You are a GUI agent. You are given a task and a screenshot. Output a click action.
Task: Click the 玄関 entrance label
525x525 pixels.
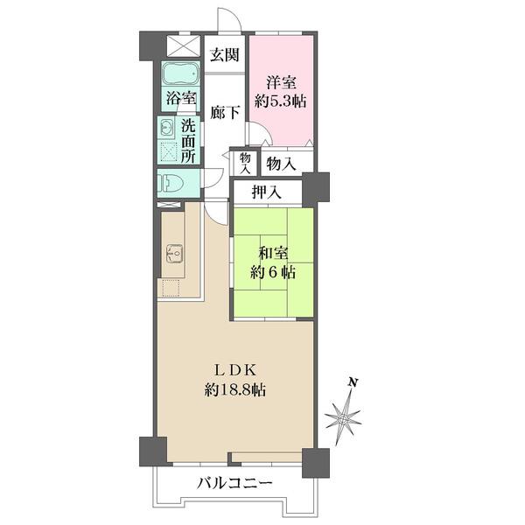click(x=225, y=55)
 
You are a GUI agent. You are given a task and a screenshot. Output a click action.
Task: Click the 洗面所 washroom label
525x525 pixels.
click(x=189, y=140)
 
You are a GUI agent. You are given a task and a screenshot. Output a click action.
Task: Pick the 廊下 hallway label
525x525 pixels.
click(x=225, y=112)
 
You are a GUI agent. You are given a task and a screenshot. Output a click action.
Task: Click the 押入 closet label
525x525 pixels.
click(x=267, y=192)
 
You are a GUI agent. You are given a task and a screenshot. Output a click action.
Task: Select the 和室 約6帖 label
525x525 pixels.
click(x=272, y=262)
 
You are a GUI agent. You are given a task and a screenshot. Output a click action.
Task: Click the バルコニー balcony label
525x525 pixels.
click(x=234, y=483)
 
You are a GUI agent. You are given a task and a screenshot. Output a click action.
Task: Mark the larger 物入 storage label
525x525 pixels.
click(x=280, y=164)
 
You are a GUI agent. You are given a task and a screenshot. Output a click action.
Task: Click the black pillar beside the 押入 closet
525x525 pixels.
click(x=317, y=187)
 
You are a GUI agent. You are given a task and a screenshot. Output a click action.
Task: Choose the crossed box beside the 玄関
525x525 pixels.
click(x=184, y=46)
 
